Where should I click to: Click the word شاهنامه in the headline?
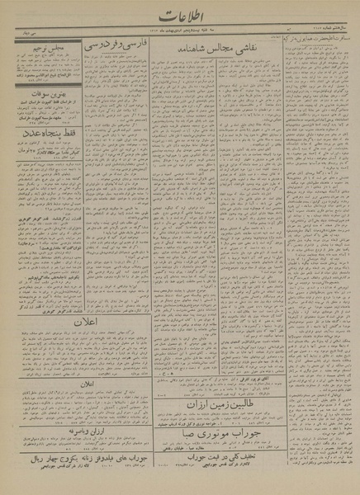[x=201, y=51]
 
